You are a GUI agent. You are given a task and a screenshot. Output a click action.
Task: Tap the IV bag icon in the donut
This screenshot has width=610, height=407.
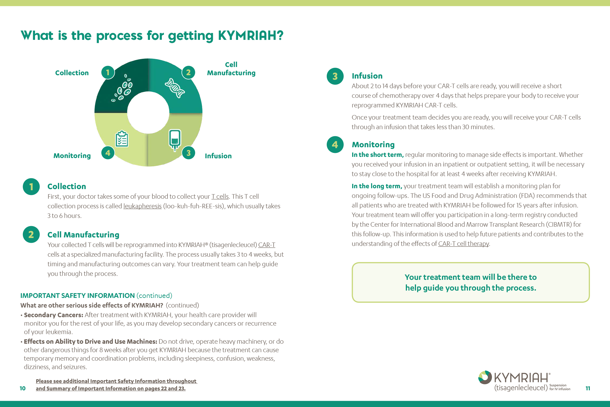(175, 140)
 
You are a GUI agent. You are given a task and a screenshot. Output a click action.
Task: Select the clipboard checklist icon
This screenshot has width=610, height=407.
(122, 139)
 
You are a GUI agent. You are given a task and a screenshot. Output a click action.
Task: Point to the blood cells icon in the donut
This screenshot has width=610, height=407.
(122, 88)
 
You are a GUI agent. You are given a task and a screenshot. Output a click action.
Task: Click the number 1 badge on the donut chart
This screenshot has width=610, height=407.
(108, 73)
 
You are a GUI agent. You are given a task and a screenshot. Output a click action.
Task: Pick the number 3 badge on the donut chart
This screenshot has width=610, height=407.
(189, 153)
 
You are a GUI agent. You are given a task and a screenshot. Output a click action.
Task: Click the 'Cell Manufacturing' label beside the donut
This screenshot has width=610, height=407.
(231, 69)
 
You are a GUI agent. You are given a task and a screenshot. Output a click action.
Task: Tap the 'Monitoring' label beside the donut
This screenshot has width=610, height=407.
(72, 156)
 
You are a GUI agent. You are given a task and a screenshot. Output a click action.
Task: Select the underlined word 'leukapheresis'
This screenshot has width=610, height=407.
(142, 206)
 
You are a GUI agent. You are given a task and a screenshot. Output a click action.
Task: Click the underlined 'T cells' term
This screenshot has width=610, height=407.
(220, 196)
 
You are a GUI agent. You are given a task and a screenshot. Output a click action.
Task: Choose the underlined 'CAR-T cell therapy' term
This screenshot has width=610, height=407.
(463, 244)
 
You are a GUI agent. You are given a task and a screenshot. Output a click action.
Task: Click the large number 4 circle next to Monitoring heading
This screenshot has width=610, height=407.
(335, 145)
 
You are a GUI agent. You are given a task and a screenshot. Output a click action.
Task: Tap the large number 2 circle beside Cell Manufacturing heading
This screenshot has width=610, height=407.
(31, 235)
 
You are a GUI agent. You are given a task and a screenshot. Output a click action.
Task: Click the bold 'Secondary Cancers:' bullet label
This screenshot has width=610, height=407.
(54, 315)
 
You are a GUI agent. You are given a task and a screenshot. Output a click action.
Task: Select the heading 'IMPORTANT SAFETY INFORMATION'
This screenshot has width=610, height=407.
(78, 296)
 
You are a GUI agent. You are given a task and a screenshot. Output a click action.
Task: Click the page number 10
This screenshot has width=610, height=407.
(23, 388)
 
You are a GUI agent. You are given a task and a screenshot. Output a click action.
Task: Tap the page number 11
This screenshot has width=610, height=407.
(588, 388)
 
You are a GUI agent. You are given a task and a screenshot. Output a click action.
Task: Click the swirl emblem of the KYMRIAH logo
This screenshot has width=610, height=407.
(485, 377)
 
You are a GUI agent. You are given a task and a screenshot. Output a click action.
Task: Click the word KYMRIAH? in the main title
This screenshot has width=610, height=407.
(251, 36)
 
